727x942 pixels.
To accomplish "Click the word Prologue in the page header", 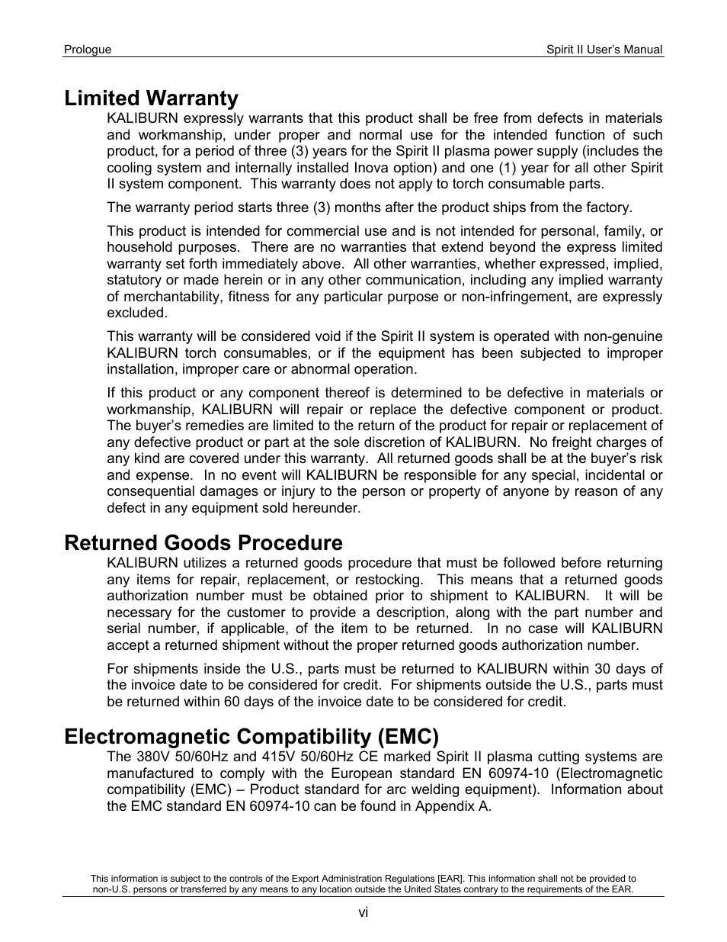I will (x=88, y=50).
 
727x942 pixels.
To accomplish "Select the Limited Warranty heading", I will (x=151, y=98).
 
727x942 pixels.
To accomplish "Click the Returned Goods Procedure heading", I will (x=203, y=543).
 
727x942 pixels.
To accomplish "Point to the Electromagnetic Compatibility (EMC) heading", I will (x=251, y=737).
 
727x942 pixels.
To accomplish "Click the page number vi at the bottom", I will (x=363, y=913).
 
